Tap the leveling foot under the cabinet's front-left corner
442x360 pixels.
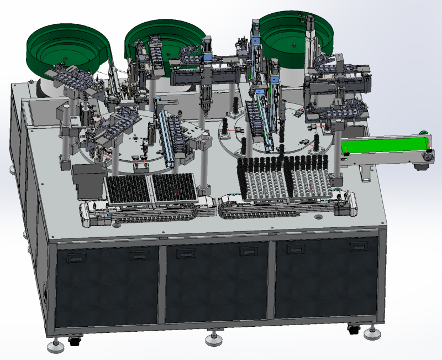click(x=54, y=346)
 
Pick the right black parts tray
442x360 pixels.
click(x=173, y=187)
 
